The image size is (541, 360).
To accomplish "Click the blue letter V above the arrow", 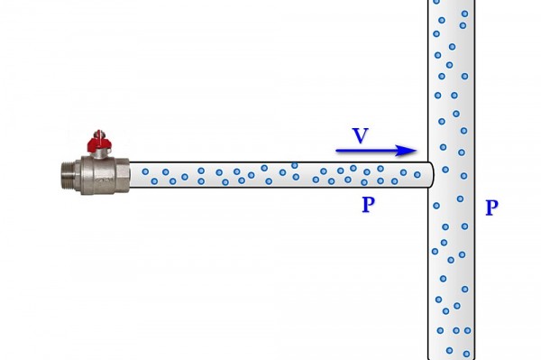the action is [360, 135].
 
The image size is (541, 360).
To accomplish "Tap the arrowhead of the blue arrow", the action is [407, 151].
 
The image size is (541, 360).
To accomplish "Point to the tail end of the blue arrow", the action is [336, 151].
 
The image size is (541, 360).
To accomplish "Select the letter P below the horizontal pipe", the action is [368, 205].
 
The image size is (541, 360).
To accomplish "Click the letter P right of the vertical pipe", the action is [491, 208].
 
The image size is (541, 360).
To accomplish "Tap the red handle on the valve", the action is [98, 141].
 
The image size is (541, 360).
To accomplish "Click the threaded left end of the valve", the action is [68, 175].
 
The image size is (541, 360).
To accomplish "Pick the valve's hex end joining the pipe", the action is [122, 175].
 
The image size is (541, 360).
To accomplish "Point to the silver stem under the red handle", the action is [99, 153].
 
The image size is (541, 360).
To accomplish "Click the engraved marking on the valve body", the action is [104, 180].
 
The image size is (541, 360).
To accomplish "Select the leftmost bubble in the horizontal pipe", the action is [145, 171].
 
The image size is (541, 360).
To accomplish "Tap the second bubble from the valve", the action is [154, 180].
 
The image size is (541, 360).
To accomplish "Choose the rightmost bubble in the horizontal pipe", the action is [417, 175].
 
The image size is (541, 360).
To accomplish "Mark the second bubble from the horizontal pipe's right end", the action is [403, 172].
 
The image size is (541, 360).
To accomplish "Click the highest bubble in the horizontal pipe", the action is [294, 166].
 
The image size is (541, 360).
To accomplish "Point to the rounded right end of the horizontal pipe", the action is [431, 175].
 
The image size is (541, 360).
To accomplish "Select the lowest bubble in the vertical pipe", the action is [466, 354].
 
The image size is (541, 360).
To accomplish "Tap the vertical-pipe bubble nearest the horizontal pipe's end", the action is [445, 170].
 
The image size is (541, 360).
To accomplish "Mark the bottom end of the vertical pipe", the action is [452, 358].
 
